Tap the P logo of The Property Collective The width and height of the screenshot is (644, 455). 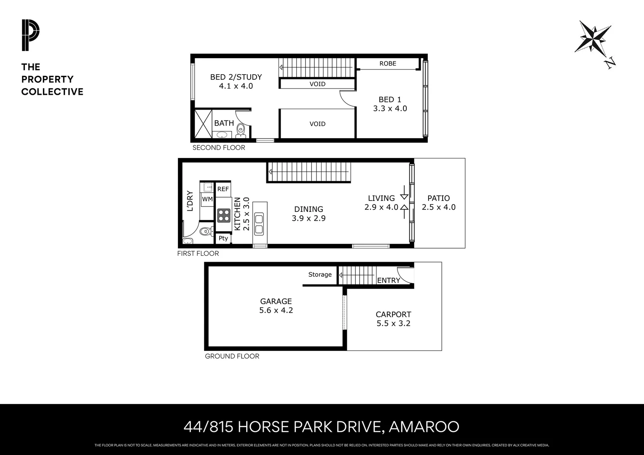coord(30,35)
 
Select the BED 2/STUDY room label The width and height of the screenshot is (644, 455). coord(236,77)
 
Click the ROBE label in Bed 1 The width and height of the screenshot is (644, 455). coord(387,64)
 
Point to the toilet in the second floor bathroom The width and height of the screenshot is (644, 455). coord(241,130)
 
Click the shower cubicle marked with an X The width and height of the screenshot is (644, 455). coord(203,124)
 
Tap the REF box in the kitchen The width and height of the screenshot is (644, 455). coord(223,189)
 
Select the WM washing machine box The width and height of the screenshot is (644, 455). coord(207,199)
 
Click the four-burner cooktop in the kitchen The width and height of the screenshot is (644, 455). coord(223,216)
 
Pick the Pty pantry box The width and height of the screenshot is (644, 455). coord(223,238)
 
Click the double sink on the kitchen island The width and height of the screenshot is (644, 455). coord(259,224)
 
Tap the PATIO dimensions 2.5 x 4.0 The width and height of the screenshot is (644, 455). coord(439,207)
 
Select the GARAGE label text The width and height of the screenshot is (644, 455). coord(276,301)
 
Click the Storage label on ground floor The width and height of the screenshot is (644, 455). coord(320,275)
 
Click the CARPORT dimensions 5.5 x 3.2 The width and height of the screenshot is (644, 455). coord(393,324)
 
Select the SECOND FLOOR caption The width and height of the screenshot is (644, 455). coord(219,148)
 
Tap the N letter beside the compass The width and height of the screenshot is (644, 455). coord(610,64)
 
